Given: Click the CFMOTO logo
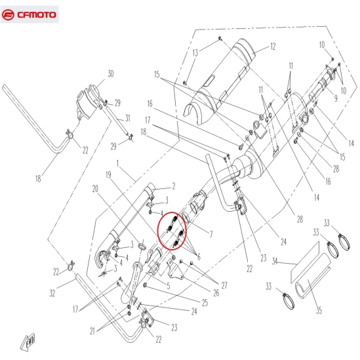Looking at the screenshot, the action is [29, 14].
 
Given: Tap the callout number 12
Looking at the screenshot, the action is [273, 47].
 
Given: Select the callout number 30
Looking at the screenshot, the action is [111, 73].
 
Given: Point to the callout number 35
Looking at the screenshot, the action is [319, 310].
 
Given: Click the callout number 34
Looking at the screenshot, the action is [275, 262].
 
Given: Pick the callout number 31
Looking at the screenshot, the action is [127, 118].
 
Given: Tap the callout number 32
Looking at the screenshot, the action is [52, 293].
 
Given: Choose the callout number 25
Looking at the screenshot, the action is [205, 302].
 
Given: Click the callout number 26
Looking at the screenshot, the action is [216, 292].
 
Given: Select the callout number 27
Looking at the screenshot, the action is [224, 285].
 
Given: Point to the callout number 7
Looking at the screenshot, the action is [211, 234].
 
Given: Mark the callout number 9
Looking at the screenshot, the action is [336, 98].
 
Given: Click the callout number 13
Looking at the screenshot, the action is [195, 53].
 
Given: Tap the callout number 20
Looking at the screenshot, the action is [95, 189].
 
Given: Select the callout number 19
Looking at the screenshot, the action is [108, 175].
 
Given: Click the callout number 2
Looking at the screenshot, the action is [174, 186].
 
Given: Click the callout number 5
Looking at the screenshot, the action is [169, 286].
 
